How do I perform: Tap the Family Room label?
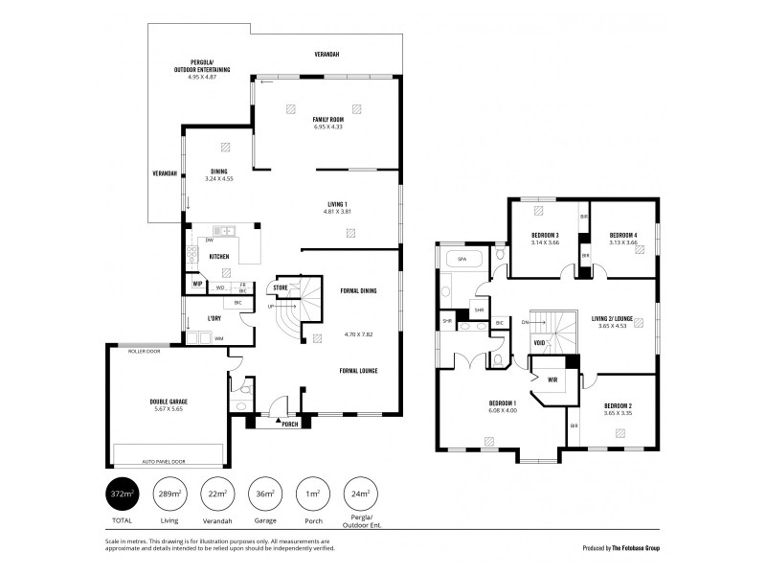(x=327, y=120)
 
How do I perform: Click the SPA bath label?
(x=462, y=260)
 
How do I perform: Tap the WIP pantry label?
(x=197, y=285)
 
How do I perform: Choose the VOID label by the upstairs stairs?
(x=539, y=341)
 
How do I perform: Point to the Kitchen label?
(x=218, y=257)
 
